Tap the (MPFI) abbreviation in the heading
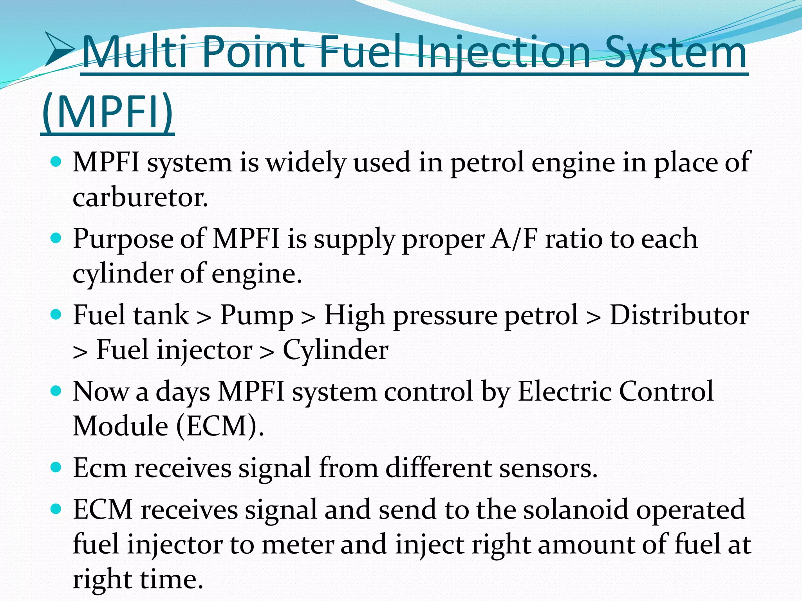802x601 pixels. tap(107, 112)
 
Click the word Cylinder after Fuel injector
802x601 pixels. tap(335, 349)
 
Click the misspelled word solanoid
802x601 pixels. tap(576, 509)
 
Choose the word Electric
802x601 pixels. tap(564, 391)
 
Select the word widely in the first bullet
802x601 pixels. tap(306, 163)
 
